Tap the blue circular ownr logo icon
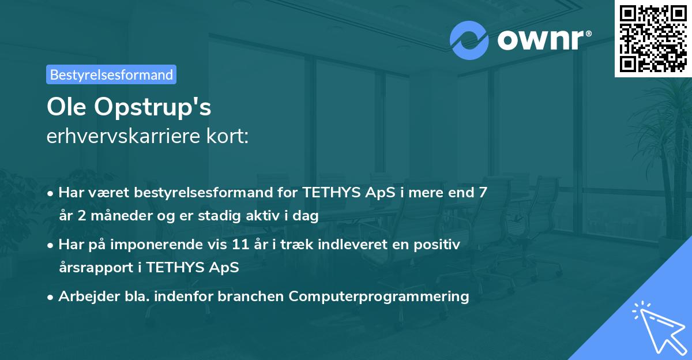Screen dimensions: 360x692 pyautogui.click(x=470, y=40)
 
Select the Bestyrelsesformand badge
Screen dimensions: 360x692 pyautogui.click(x=111, y=74)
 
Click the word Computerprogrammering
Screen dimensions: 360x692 pyautogui.click(x=379, y=297)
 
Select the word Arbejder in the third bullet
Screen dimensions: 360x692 pyautogui.click(x=84, y=297)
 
